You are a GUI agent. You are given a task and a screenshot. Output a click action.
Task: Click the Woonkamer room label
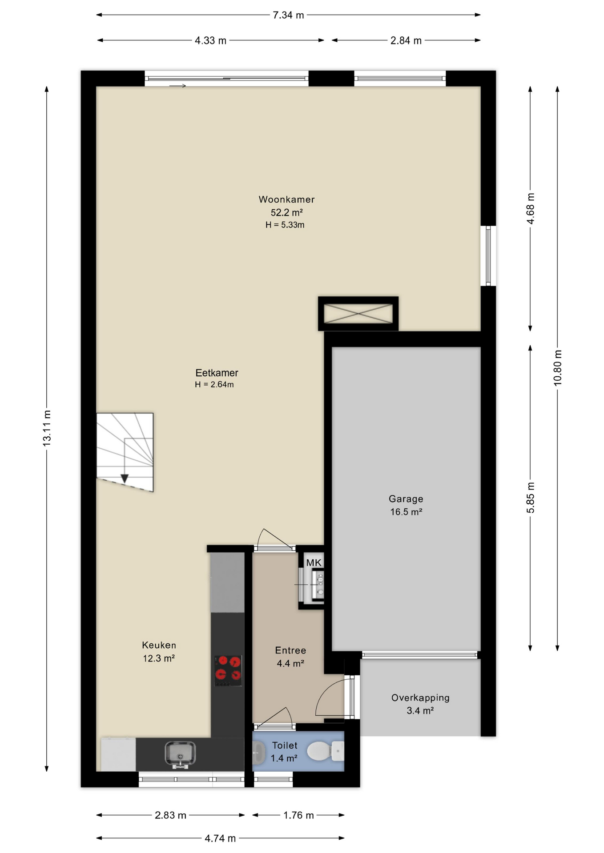pos(286,199)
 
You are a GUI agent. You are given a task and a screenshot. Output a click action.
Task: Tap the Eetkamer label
pos(217,373)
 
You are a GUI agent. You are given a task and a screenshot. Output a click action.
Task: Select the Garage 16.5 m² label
pos(406,505)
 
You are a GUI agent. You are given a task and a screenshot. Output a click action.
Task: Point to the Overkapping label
pos(420,698)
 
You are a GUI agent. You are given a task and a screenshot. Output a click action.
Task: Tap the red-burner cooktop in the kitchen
pos(228,670)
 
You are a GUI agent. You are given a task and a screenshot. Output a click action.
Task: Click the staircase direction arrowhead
pos(125,478)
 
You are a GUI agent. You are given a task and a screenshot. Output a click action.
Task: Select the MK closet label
pos(314,563)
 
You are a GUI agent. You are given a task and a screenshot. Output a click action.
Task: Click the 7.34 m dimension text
pos(288,15)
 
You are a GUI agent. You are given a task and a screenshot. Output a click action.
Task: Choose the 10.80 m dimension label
pos(558,368)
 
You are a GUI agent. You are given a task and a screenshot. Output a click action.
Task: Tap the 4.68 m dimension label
pos(531,208)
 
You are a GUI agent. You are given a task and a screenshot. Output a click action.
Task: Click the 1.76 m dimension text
pos(298,815)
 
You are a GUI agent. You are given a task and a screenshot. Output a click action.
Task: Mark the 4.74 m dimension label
pos(220,838)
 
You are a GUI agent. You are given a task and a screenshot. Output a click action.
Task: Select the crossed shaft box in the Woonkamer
pos(358,314)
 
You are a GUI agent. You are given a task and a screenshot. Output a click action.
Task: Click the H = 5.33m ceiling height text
pos(285,225)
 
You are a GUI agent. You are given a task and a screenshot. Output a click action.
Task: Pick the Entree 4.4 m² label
pos(290,657)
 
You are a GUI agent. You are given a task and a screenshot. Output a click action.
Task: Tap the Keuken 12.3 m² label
pos(159,652)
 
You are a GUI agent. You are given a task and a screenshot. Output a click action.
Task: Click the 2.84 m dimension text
pos(406,40)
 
